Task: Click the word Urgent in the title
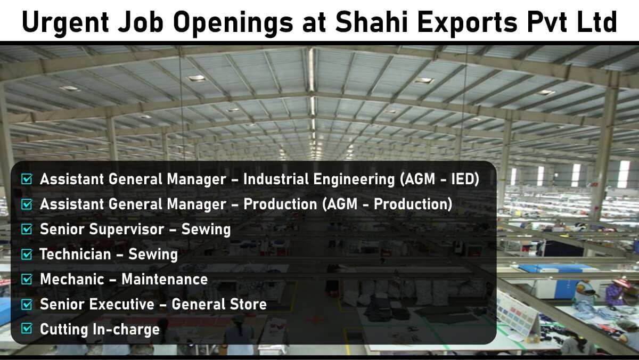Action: pyautogui.click(x=65, y=23)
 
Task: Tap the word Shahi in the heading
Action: pyautogui.click(x=372, y=22)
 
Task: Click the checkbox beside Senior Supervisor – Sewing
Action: pyautogui.click(x=27, y=229)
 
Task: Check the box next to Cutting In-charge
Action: pyautogui.click(x=27, y=329)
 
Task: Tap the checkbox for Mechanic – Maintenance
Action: pyautogui.click(x=27, y=279)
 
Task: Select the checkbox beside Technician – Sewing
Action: pyautogui.click(x=27, y=254)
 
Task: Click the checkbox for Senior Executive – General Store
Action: pyautogui.click(x=27, y=304)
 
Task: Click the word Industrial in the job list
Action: pyautogui.click(x=276, y=179)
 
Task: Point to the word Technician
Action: pyautogui.click(x=75, y=254)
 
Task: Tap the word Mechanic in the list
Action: pyautogui.click(x=72, y=279)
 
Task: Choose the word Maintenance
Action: pyautogui.click(x=165, y=279)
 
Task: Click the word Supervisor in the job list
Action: pyautogui.click(x=127, y=230)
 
